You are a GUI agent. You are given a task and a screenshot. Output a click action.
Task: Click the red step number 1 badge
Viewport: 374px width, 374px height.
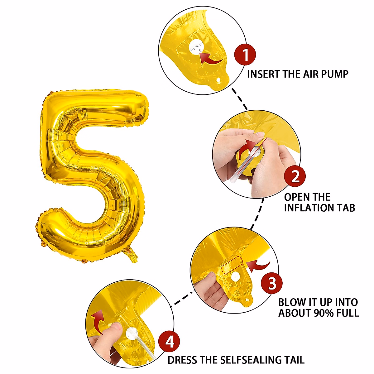245,55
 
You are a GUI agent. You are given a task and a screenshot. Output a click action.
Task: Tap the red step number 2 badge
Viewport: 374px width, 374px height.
295,176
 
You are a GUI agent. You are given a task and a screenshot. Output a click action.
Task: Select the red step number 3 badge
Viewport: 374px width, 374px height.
272,284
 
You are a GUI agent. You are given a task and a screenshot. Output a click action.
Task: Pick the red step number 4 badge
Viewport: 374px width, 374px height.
169,342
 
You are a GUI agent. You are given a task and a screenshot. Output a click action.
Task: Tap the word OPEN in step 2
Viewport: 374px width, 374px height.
295,197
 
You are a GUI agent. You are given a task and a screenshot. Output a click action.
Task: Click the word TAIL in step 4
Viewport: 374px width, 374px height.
294,360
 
